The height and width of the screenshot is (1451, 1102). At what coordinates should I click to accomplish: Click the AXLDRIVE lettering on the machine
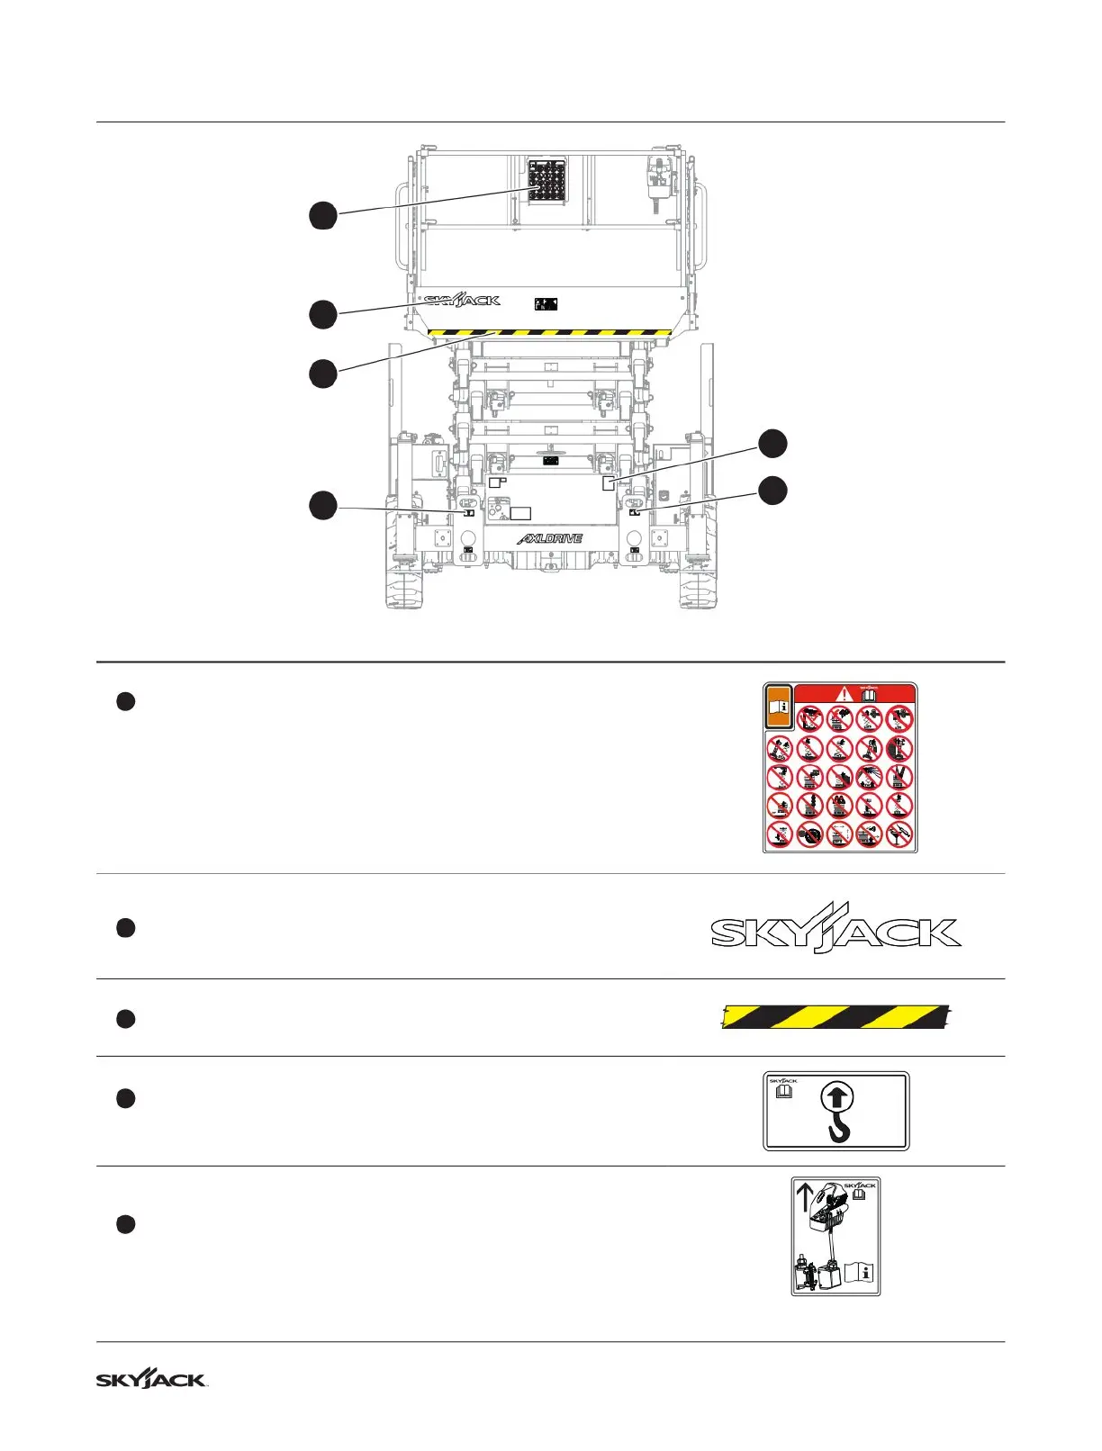coord(550,538)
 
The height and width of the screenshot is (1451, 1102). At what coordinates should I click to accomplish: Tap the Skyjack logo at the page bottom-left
coord(151,1379)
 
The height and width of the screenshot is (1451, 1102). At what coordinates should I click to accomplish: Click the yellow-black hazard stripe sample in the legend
coord(836,1016)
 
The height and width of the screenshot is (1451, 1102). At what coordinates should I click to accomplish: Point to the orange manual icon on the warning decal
coord(779,707)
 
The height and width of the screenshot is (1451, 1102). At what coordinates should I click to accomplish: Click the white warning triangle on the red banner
coord(844,693)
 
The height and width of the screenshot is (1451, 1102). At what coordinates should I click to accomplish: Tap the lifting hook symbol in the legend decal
coord(837,1113)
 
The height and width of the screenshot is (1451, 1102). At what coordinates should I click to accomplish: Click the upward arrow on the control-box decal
coord(805,1198)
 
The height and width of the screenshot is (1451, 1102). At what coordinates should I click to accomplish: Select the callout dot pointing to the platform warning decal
coord(323,216)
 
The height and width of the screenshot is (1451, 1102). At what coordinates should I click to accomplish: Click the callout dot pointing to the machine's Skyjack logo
coord(323,314)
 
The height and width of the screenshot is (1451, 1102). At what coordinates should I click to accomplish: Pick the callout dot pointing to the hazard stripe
coord(323,374)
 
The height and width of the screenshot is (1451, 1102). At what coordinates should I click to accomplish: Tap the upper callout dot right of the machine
coord(772,443)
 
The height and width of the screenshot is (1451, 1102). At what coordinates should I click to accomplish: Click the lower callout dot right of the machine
coord(772,491)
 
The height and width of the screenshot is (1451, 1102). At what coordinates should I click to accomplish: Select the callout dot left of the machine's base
coord(323,505)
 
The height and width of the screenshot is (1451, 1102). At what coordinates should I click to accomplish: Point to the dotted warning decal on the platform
coord(547,180)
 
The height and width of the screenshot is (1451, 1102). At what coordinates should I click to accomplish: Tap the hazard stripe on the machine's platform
coord(550,333)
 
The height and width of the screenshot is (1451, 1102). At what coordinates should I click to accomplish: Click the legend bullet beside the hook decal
coord(126,1098)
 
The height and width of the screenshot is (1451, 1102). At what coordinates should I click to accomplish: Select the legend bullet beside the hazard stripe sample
coord(126,1019)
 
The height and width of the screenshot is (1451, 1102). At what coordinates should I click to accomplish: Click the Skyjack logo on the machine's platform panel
coord(462,300)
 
